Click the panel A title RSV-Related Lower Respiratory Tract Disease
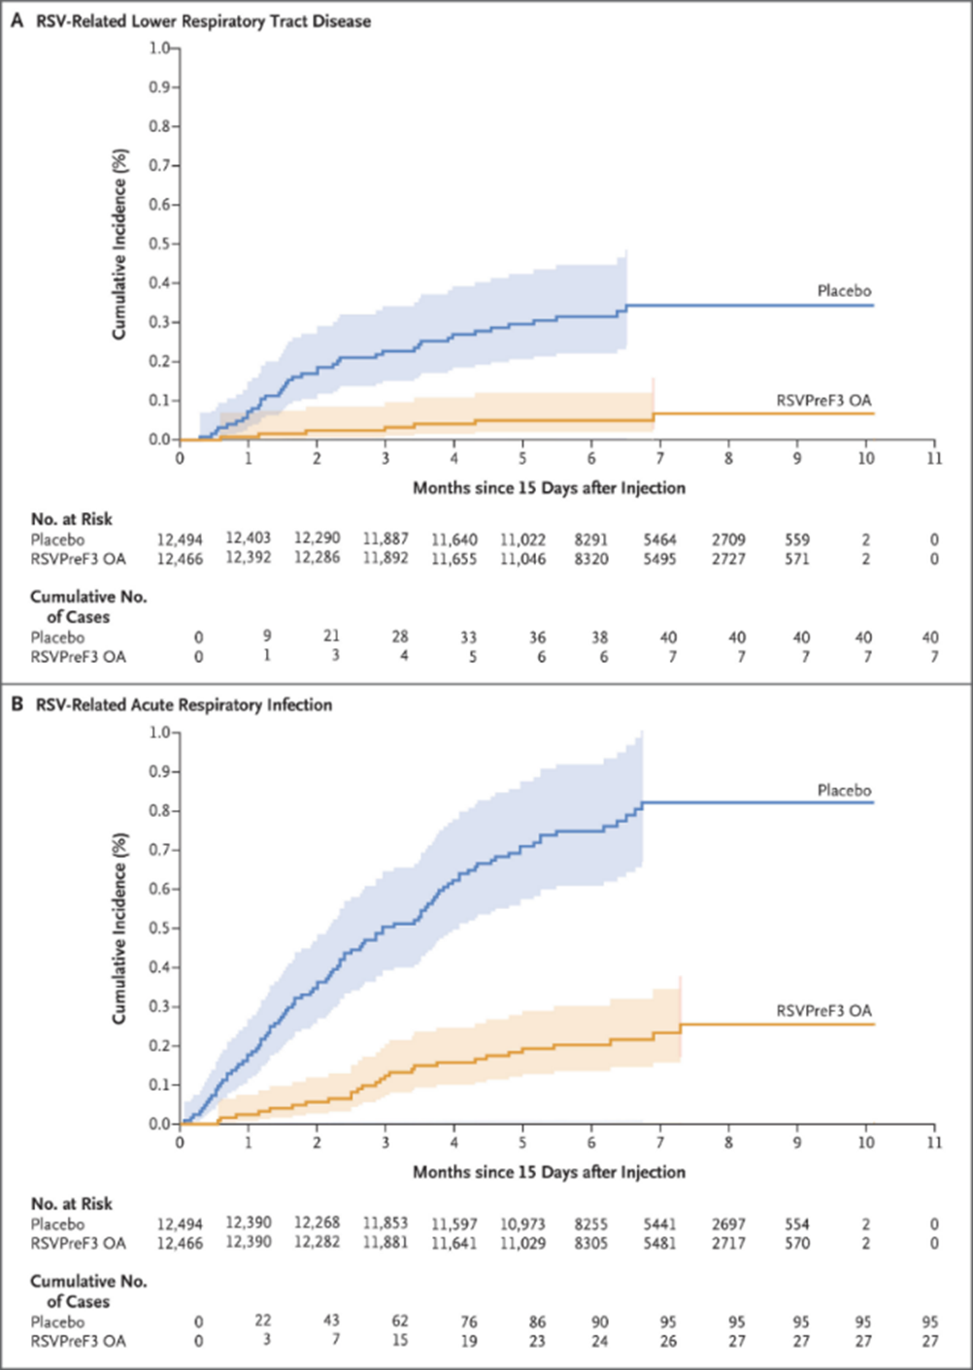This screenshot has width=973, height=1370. (203, 20)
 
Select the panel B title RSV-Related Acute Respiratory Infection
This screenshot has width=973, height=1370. (184, 704)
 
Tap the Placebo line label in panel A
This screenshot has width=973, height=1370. (843, 291)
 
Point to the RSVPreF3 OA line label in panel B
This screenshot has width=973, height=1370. (823, 1011)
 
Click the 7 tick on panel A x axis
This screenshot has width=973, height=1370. (660, 458)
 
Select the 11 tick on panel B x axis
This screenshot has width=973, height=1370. (933, 1142)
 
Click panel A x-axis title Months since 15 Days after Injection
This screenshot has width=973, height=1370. (549, 487)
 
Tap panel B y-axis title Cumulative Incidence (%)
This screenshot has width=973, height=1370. (119, 928)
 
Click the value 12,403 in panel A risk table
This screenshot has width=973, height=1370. (249, 538)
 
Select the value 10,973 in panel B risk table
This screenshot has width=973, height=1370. (522, 1223)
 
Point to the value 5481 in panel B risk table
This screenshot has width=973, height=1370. (659, 1243)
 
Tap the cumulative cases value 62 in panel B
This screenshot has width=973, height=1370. (400, 1321)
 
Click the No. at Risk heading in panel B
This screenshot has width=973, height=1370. (71, 1203)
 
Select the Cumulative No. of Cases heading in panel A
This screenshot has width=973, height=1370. (87, 606)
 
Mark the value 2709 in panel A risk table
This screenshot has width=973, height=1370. (727, 538)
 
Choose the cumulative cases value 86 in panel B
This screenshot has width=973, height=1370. (537, 1321)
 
